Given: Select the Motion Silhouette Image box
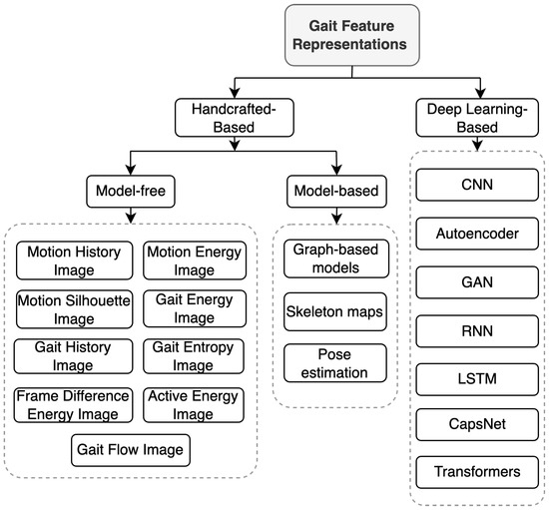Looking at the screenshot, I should pyautogui.click(x=73, y=307).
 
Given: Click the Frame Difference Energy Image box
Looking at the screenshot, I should pyautogui.click(x=73, y=404).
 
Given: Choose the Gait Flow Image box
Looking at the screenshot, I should pyautogui.click(x=131, y=450).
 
